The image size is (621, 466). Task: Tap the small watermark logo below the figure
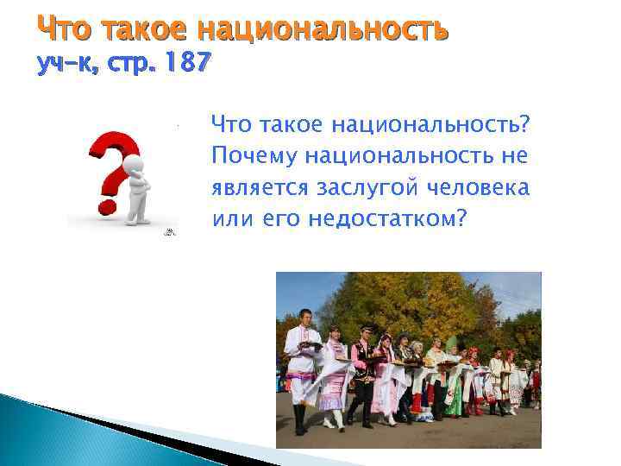171,232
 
